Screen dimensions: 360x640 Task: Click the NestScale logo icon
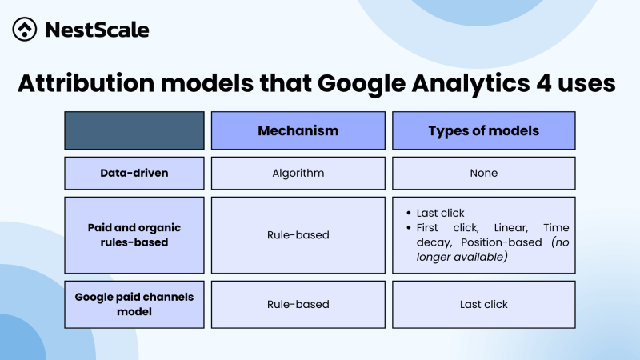click(x=26, y=30)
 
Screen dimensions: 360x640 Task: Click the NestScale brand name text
click(x=97, y=30)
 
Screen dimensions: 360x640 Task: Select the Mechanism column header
click(x=298, y=130)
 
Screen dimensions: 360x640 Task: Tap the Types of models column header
click(x=483, y=130)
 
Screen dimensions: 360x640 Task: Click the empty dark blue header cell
click(x=134, y=130)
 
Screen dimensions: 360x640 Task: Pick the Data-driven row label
click(x=134, y=173)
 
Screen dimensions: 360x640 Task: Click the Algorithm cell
click(x=298, y=173)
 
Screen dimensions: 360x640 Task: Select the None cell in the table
click(x=483, y=173)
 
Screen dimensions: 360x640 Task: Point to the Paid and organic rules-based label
click(x=134, y=235)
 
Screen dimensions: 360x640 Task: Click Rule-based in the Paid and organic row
click(x=298, y=235)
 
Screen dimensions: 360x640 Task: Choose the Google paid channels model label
click(x=134, y=304)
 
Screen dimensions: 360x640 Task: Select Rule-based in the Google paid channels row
click(x=298, y=304)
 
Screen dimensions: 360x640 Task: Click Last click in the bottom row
click(x=483, y=304)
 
